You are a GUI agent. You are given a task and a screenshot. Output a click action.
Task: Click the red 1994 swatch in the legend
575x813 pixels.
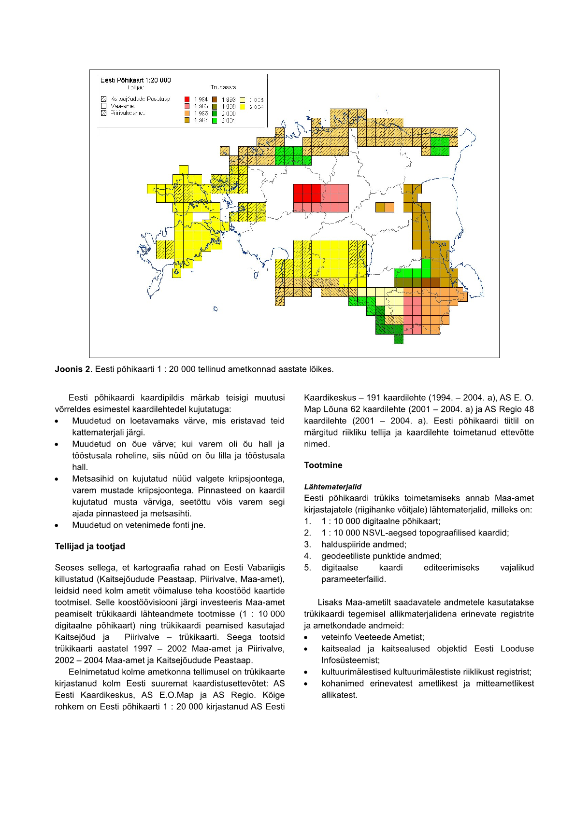(x=187, y=99)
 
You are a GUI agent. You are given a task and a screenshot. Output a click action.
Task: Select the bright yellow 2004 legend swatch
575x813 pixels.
(x=243, y=107)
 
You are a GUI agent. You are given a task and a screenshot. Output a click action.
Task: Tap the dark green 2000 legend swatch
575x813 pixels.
(x=215, y=113)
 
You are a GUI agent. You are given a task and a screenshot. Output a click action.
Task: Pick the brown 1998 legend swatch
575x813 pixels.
(x=215, y=99)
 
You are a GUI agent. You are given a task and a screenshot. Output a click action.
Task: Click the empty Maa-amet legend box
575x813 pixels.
(x=103, y=106)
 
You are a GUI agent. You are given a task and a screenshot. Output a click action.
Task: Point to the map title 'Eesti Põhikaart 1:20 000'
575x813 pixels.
(x=135, y=80)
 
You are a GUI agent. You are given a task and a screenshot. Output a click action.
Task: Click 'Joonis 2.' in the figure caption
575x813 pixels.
(x=73, y=369)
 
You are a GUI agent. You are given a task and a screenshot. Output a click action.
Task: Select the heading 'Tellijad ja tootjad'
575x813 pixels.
(x=90, y=547)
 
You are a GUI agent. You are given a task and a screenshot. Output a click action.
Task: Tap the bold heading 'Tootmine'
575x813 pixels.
(x=323, y=465)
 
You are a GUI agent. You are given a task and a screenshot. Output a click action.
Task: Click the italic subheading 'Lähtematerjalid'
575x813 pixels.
(x=332, y=487)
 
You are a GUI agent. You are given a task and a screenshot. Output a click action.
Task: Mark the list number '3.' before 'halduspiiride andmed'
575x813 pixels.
(x=307, y=545)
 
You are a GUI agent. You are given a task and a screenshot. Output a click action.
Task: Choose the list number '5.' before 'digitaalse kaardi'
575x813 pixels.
(x=307, y=568)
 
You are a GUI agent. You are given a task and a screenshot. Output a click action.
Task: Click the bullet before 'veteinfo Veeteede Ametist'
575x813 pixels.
(x=306, y=637)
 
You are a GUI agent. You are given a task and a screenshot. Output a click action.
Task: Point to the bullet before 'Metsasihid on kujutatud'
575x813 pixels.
(x=57, y=479)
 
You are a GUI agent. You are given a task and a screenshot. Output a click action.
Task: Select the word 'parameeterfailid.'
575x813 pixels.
(x=354, y=579)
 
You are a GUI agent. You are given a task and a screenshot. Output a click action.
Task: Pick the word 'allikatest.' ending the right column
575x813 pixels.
(x=339, y=695)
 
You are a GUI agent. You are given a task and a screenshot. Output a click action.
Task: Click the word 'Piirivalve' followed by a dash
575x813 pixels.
(x=142, y=637)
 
